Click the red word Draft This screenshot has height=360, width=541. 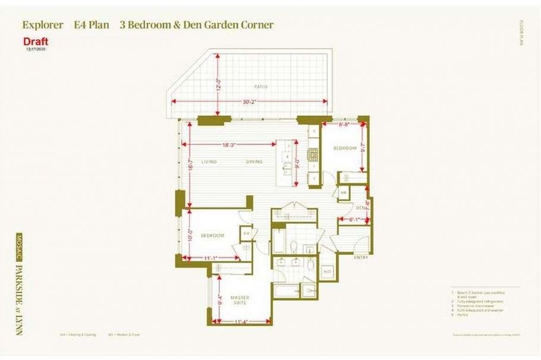pyautogui.click(x=36, y=42)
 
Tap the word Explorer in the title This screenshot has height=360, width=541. pyautogui.click(x=42, y=25)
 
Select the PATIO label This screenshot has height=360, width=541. pyautogui.click(x=260, y=87)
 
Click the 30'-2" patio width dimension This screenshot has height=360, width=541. pyautogui.click(x=251, y=102)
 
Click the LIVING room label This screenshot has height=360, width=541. pyautogui.click(x=209, y=162)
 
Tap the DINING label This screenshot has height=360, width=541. pyautogui.click(x=254, y=162)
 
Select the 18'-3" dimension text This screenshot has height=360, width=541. pyautogui.click(x=230, y=145)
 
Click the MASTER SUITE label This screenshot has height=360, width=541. pyautogui.click(x=240, y=300)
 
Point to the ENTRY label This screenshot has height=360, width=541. pyautogui.click(x=361, y=257)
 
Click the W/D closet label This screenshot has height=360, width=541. pyautogui.click(x=327, y=272)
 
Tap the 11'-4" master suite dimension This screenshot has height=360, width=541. pyautogui.click(x=240, y=323)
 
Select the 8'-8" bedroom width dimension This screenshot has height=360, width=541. pyautogui.click(x=344, y=125)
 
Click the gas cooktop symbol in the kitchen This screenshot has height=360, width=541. pyautogui.click(x=313, y=154)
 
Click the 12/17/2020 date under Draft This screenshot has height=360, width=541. pyautogui.click(x=36, y=50)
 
